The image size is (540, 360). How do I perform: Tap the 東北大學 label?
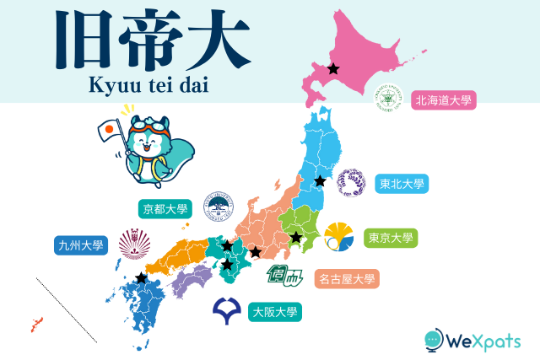point(402,183)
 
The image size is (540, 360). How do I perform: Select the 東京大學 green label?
point(391,238)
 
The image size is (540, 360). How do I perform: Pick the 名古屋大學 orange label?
point(346,277)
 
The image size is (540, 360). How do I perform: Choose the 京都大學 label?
point(165,208)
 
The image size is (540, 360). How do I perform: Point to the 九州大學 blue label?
point(79,246)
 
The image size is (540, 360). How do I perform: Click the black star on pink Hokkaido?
point(333,68)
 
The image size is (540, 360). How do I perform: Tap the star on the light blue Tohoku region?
point(320,181)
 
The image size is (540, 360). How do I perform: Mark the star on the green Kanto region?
point(296,238)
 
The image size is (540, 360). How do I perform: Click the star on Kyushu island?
point(140,277)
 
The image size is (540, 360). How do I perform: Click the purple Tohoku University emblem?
point(351,182)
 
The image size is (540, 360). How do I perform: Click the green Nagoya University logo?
point(283,274)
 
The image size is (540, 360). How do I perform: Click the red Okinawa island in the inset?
point(36,324)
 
